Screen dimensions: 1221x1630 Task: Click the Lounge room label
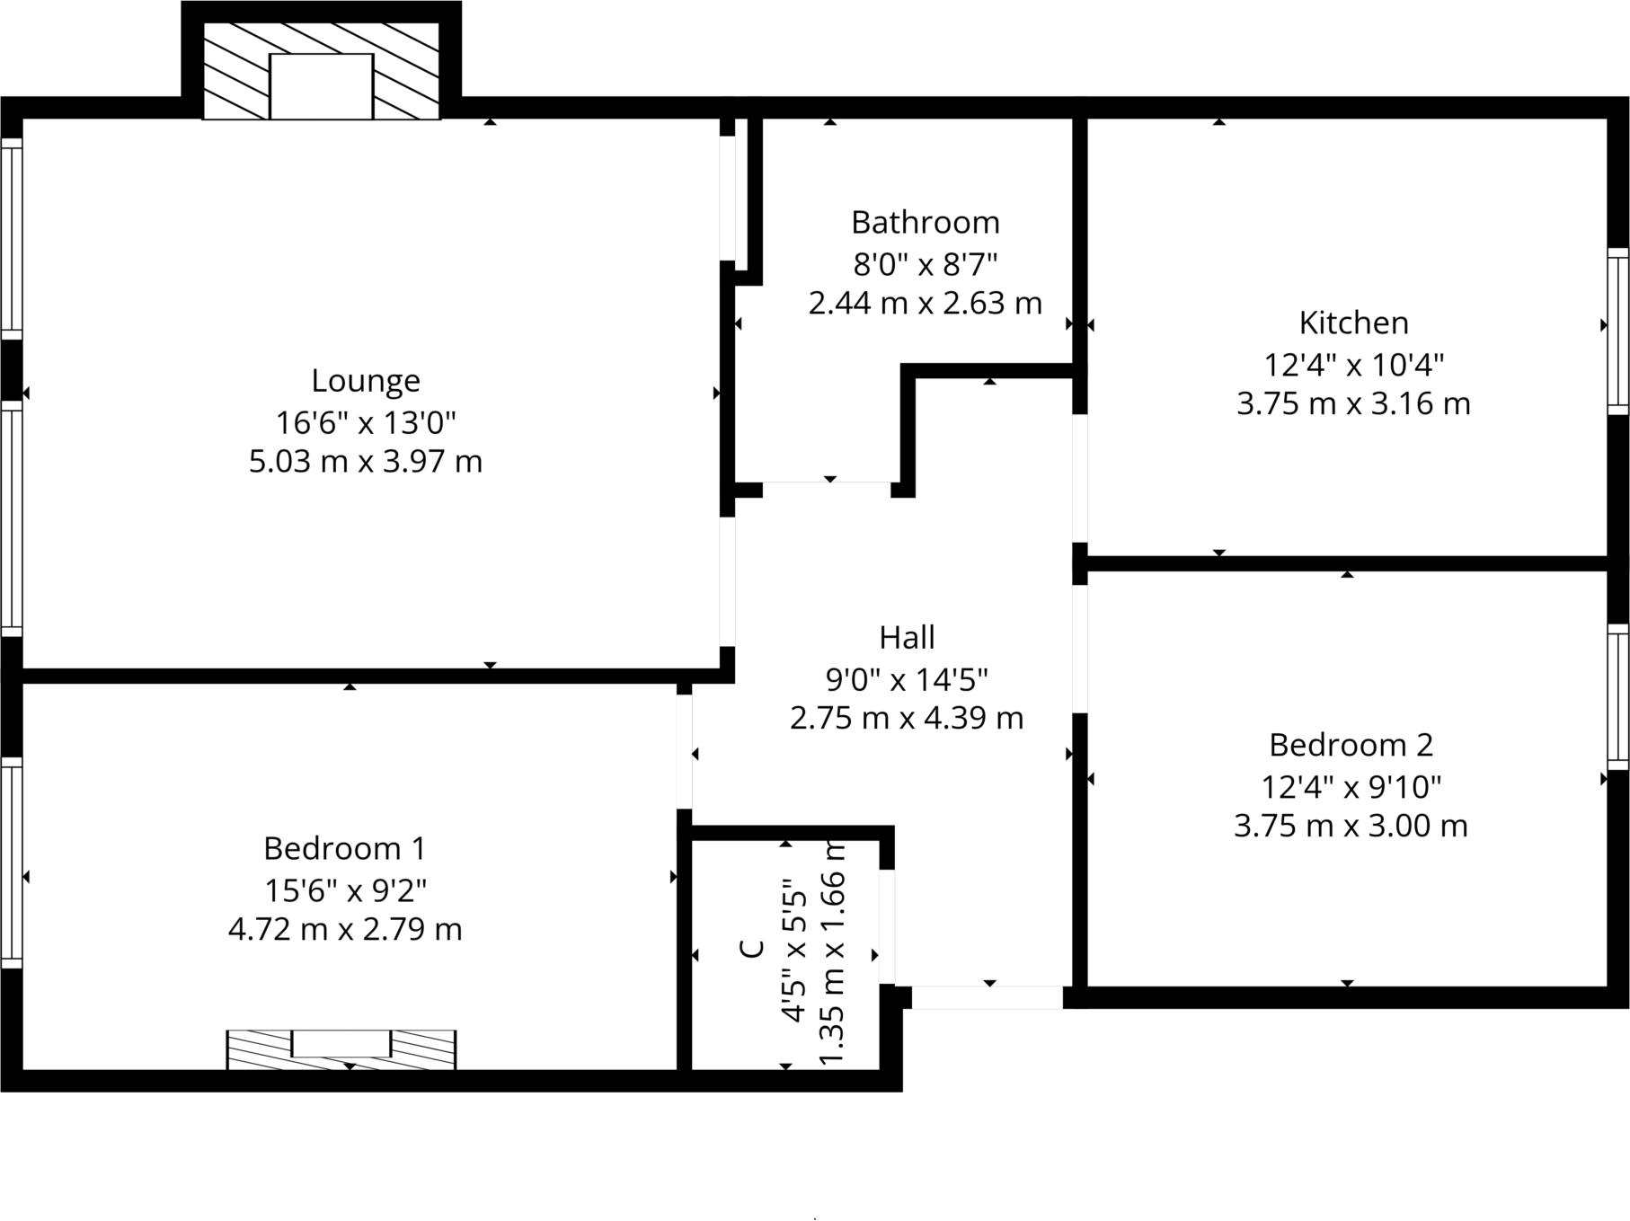pyautogui.click(x=365, y=381)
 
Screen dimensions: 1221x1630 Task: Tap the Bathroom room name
pyautogui.click(x=925, y=222)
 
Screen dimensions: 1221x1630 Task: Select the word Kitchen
pyautogui.click(x=1353, y=323)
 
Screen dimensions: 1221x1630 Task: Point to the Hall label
pyautogui.click(x=907, y=638)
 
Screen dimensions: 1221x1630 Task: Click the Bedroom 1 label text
pyautogui.click(x=344, y=848)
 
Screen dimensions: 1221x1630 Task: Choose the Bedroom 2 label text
pyautogui.click(x=1351, y=745)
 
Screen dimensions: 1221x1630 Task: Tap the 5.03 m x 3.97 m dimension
pyautogui.click(x=365, y=462)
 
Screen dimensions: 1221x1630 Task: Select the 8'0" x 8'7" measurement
pyautogui.click(x=925, y=264)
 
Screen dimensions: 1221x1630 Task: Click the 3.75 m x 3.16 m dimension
pyautogui.click(x=1353, y=404)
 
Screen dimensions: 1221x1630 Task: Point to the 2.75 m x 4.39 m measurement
pyautogui.click(x=907, y=719)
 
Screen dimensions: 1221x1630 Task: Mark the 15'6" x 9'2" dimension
pyautogui.click(x=344, y=890)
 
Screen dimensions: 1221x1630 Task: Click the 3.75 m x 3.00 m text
pyautogui.click(x=1351, y=826)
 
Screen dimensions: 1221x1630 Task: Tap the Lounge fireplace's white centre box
pyautogui.click(x=321, y=86)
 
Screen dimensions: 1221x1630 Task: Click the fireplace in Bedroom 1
pyautogui.click(x=341, y=1048)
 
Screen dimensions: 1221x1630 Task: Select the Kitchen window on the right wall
pyautogui.click(x=1617, y=331)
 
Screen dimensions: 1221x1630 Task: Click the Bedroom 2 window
pyautogui.click(x=1617, y=696)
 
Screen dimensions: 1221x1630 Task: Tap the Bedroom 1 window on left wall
pyautogui.click(x=11, y=863)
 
